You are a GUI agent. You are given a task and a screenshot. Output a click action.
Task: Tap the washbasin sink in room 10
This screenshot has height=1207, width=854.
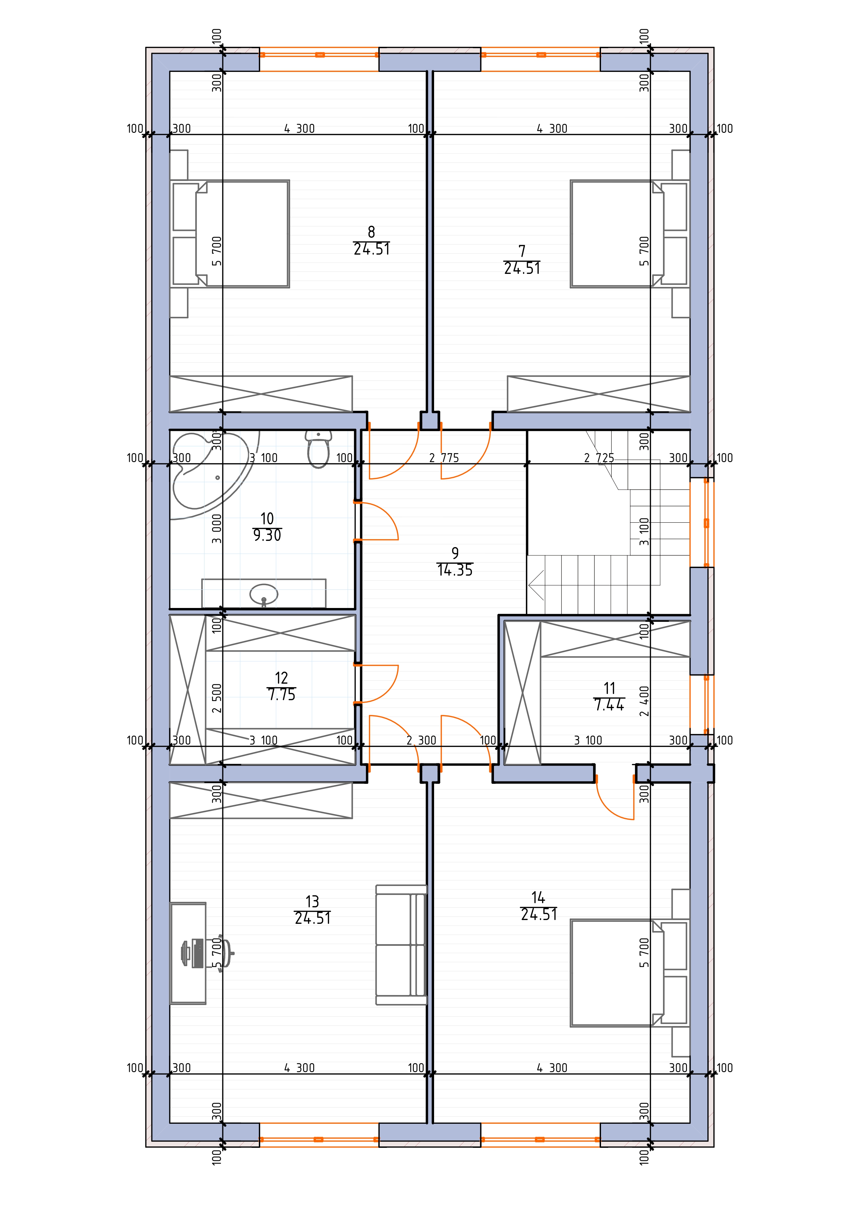263,595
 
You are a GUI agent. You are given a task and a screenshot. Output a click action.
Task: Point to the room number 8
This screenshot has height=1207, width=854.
371,232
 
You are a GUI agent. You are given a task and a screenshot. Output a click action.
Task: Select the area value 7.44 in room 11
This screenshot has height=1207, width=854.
609,705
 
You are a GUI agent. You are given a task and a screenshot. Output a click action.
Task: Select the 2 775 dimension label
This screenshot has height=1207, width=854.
444,458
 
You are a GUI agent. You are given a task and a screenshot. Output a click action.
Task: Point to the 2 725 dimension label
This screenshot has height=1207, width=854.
599,458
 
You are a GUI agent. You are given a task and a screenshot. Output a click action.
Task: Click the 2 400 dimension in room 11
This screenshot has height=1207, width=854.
644,701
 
